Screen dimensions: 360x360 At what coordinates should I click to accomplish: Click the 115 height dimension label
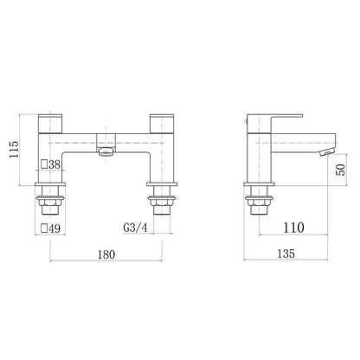point(14,149)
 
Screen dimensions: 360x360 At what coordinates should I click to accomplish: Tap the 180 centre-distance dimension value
point(106,254)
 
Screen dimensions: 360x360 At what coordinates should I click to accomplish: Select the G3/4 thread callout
point(135,228)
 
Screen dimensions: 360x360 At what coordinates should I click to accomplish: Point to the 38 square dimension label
point(51,164)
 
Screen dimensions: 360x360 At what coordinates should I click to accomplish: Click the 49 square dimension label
point(51,228)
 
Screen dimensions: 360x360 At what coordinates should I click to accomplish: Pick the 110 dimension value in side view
point(293,228)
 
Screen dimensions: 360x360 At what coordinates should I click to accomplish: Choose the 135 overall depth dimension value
point(286,254)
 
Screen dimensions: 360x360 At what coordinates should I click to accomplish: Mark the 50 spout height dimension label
point(341,170)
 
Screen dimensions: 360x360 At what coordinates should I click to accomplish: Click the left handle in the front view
point(50,124)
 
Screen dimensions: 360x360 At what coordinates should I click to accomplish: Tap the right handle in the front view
point(162,124)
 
